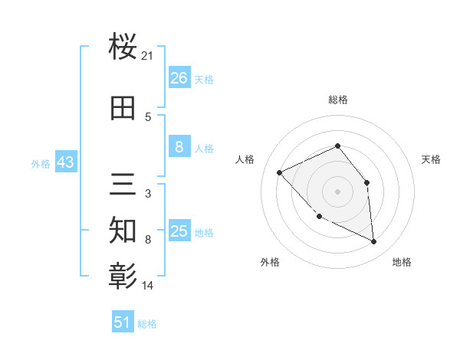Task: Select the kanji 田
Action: (123, 108)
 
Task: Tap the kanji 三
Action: (123, 185)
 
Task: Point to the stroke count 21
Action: (148, 56)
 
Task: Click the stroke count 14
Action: (148, 285)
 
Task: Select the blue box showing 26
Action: (179, 78)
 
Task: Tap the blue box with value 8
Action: (179, 147)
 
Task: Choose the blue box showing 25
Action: (179, 231)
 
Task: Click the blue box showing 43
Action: (65, 162)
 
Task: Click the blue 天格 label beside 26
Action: (204, 80)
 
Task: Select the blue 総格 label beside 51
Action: (147, 324)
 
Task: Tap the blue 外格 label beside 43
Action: (41, 163)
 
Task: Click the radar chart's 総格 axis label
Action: (338, 100)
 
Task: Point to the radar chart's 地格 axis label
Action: (402, 262)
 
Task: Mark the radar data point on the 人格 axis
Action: (280, 172)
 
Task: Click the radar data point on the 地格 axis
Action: (374, 242)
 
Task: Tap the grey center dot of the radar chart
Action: (337, 191)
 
